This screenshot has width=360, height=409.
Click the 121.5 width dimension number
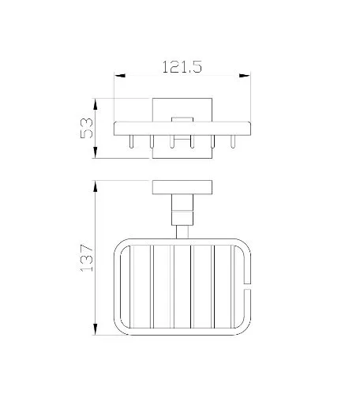(182, 67)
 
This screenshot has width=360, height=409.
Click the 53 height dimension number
(87, 128)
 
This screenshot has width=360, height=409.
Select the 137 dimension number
(87, 258)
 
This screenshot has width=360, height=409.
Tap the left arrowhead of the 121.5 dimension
(120, 76)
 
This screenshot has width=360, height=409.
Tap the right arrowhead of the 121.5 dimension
(245, 76)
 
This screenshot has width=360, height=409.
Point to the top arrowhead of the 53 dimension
(96, 104)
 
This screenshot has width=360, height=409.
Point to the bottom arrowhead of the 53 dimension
(96, 152)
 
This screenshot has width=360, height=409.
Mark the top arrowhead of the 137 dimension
(96, 186)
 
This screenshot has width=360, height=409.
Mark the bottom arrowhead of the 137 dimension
(96, 329)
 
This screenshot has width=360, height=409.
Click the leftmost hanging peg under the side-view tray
(131, 141)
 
